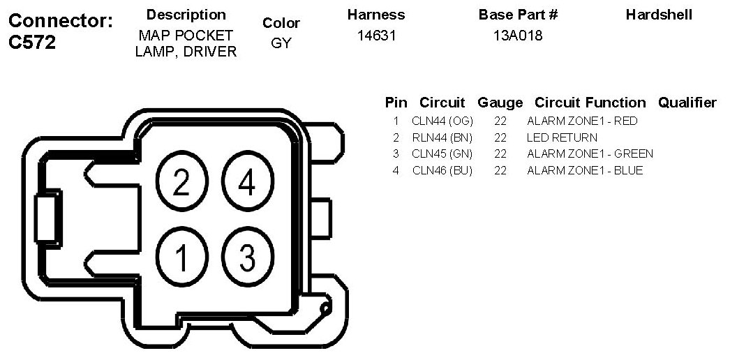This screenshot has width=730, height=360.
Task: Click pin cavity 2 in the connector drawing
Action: coord(181,183)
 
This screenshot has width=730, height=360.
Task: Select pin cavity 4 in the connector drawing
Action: coord(246,183)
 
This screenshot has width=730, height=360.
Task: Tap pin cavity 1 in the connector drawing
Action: coord(181,257)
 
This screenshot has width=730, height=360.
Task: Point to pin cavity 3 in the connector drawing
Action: coord(246,257)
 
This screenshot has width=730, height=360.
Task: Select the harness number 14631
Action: coord(376,36)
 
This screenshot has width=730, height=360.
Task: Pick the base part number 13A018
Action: coord(518,36)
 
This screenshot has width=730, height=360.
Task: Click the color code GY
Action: coord(281,43)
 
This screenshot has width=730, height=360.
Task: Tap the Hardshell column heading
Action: coord(659,15)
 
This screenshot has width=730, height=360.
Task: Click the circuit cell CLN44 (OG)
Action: coord(442,121)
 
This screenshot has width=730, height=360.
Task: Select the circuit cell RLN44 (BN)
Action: coord(442,137)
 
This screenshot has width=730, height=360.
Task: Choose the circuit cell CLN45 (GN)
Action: coord(442,153)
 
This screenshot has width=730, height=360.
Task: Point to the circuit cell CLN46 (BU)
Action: coord(442,170)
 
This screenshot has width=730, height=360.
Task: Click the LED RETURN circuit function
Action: coord(562,137)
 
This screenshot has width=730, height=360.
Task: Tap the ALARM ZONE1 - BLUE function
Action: coord(585,170)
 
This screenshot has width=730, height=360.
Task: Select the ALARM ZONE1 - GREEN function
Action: coord(590,153)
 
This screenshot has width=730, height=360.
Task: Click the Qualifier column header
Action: coord(687,103)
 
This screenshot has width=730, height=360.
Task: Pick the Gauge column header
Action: coord(500,103)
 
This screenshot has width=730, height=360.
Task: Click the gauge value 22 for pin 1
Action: coord(500,121)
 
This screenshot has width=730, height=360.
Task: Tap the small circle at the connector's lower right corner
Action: coord(325,307)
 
